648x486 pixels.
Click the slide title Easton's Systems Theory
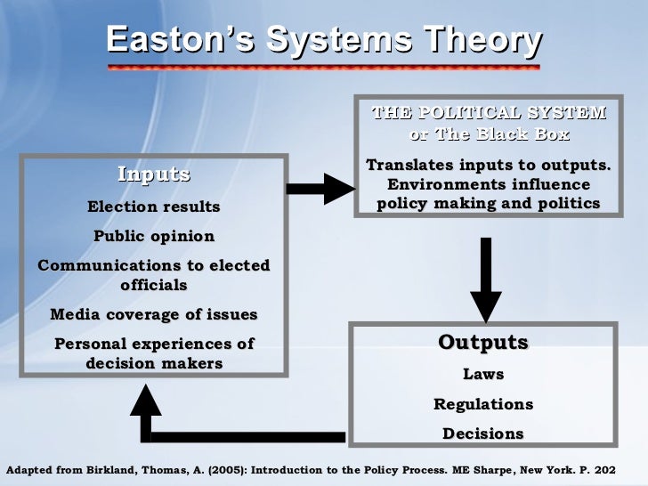pyautogui.click(x=323, y=41)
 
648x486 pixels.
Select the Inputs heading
pyautogui.click(x=154, y=174)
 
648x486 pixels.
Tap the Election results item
pyautogui.click(x=153, y=207)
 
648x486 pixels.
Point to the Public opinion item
pyautogui.click(x=154, y=237)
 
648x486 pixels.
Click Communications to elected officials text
pyautogui.click(x=153, y=275)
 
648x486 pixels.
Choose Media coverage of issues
pyautogui.click(x=154, y=314)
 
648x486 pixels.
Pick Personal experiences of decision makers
pyautogui.click(x=154, y=352)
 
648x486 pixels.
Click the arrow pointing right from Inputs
pyautogui.click(x=320, y=189)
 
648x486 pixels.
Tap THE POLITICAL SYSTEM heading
pyautogui.click(x=488, y=113)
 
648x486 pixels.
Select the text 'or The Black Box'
pyautogui.click(x=488, y=134)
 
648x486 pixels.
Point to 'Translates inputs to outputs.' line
pyautogui.click(x=488, y=166)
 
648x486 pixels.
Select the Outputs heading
pyautogui.click(x=483, y=343)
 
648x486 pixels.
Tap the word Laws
pyautogui.click(x=483, y=375)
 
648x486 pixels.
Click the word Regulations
pyautogui.click(x=483, y=404)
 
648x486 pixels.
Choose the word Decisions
pyautogui.click(x=483, y=433)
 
